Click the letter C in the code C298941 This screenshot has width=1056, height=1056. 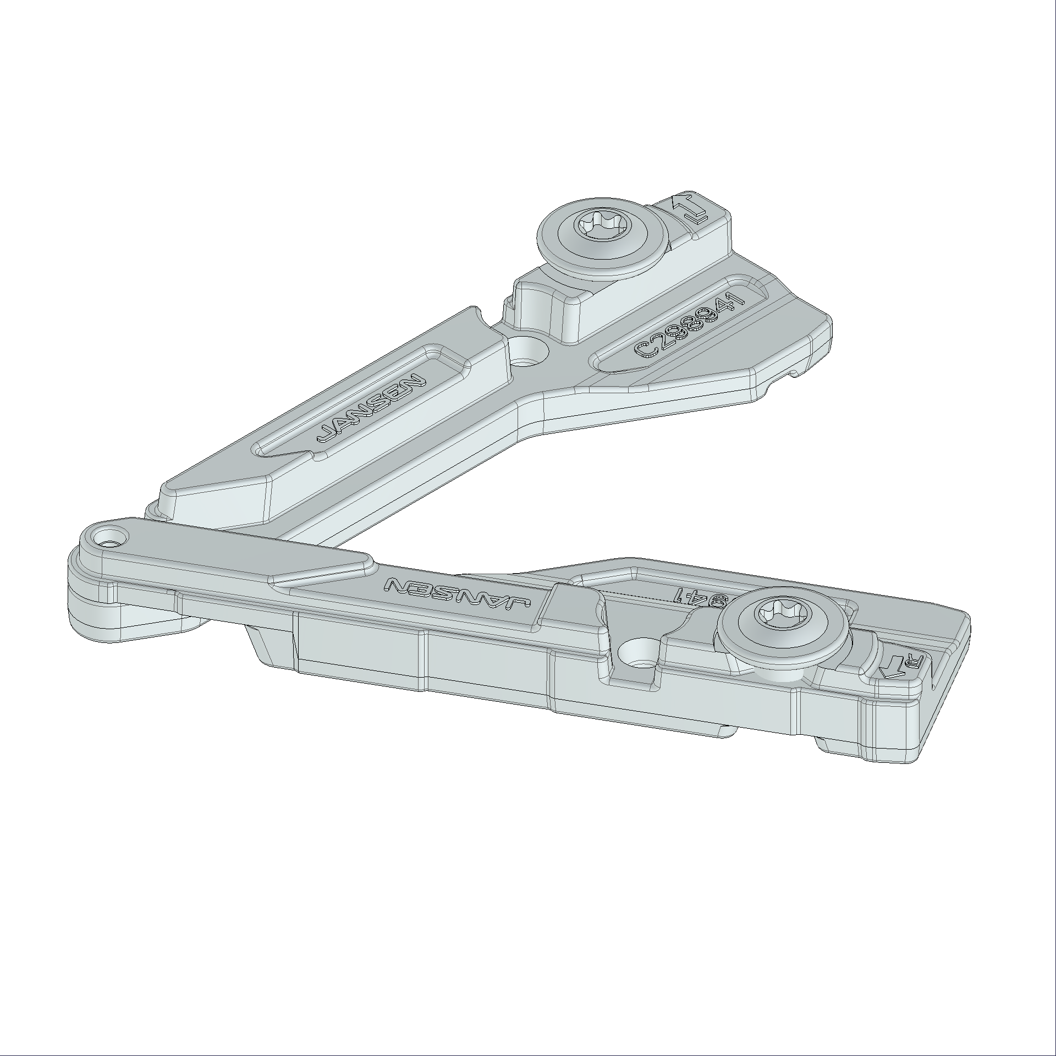coord(643,350)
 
